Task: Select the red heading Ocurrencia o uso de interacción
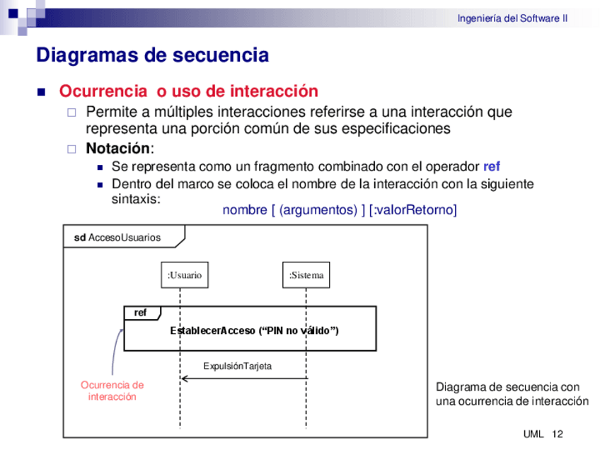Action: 188,91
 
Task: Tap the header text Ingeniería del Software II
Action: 512,18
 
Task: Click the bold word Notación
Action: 117,149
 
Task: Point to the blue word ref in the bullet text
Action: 491,167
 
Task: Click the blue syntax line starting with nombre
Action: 340,210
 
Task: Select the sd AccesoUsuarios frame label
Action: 117,238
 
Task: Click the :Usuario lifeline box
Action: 185,275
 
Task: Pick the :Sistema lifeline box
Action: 306,275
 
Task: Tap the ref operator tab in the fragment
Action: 141,313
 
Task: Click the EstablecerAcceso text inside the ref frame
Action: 254,330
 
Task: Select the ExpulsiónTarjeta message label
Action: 237,366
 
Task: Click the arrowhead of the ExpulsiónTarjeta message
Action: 185,379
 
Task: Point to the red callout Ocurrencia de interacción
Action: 112,391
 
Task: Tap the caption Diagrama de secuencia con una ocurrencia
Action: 512,394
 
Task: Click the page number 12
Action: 557,434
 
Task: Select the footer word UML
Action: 533,434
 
